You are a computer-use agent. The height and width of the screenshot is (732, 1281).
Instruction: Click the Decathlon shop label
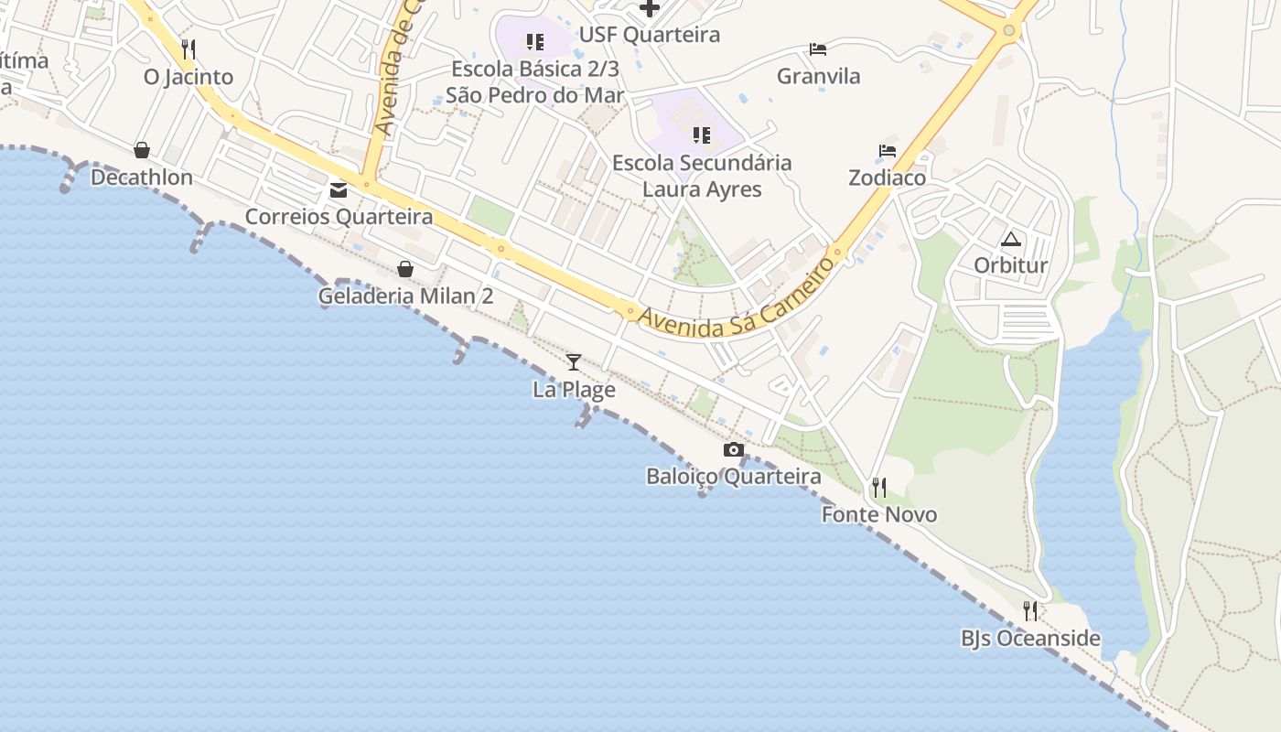click(x=142, y=178)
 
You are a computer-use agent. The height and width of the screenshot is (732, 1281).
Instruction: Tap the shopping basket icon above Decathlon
click(x=142, y=150)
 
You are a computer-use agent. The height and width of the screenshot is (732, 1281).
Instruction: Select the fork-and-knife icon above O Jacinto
click(x=188, y=48)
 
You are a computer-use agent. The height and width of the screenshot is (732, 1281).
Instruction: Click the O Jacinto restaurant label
click(x=188, y=77)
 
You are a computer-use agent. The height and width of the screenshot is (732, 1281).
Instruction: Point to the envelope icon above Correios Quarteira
click(x=339, y=190)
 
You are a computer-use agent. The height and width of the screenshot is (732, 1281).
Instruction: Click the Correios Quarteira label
click(x=339, y=217)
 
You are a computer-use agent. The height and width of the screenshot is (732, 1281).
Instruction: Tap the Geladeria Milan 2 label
click(x=405, y=296)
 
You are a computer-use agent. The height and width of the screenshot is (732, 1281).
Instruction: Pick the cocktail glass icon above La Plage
click(x=574, y=362)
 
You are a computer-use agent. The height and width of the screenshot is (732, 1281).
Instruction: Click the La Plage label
click(x=574, y=390)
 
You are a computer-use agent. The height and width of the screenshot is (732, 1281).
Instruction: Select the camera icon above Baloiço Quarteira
click(x=733, y=449)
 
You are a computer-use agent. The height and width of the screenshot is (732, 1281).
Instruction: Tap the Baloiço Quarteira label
click(x=733, y=477)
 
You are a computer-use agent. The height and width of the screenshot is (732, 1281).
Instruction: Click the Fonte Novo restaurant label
click(x=879, y=514)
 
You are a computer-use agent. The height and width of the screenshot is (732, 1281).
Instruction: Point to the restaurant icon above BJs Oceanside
click(x=1030, y=610)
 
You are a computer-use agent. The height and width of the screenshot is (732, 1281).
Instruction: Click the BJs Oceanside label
click(x=1030, y=638)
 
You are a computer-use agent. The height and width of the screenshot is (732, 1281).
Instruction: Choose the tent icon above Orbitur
click(x=1010, y=240)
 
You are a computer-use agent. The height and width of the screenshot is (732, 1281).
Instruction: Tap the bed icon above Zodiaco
click(x=887, y=151)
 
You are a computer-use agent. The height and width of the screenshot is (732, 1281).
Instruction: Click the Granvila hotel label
click(x=818, y=76)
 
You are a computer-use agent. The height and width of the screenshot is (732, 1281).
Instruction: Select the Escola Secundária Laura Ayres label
click(x=702, y=176)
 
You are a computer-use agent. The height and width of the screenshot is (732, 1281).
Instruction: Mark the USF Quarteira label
click(x=650, y=35)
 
